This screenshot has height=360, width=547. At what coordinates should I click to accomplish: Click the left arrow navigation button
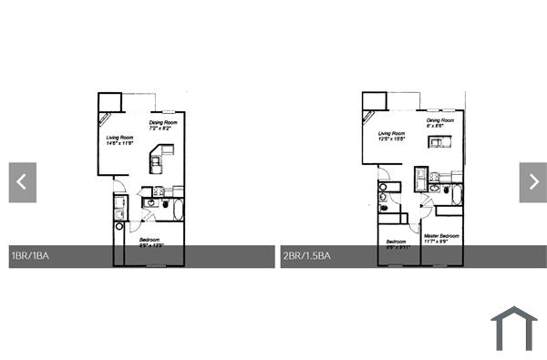[23, 182]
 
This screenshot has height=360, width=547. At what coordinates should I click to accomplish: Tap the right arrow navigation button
[533, 182]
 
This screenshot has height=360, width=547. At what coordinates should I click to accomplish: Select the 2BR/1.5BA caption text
[307, 256]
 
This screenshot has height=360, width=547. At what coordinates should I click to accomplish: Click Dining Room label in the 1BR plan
[164, 121]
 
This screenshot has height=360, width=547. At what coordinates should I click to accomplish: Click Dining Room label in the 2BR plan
[440, 120]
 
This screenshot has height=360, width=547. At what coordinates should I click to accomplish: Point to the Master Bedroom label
[441, 235]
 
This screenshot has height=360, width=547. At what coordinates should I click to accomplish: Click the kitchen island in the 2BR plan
[440, 142]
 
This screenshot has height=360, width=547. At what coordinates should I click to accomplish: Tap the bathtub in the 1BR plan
[178, 211]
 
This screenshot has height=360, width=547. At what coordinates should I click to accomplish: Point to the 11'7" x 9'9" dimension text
[441, 242]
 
